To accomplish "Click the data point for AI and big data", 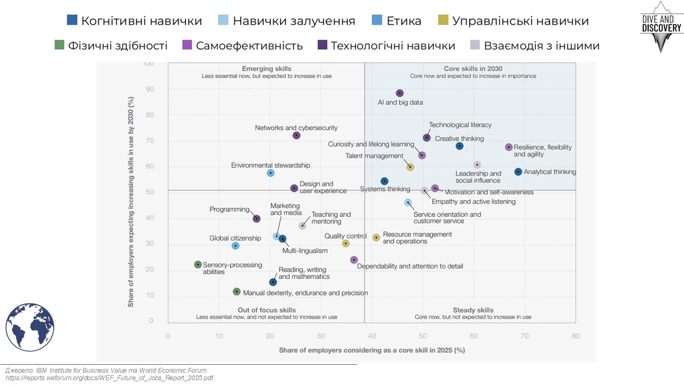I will coord(400,93).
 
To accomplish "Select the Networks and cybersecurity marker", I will coord(297,135).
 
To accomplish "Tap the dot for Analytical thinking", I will coord(518,172).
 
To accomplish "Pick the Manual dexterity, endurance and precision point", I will coord(237,291).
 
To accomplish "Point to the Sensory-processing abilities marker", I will coord(198,264).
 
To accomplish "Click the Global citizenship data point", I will coord(235,245).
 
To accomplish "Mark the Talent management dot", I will coord(410,167).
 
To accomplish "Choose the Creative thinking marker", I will coord(460,146).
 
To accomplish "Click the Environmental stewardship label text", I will coord(270,165).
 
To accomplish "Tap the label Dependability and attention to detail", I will coord(410,266).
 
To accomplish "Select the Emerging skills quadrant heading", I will coord(267,69).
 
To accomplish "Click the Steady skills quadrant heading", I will coord(473,310).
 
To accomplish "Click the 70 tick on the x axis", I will coord(524,336).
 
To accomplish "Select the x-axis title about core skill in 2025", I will coord(371,350).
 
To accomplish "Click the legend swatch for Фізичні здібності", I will coord(60,45).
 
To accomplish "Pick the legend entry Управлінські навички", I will coord(520,21).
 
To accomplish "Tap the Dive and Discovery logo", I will coord(661,26).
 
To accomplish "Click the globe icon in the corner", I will coord(30,327).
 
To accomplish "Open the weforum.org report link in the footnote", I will coord(109,378).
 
